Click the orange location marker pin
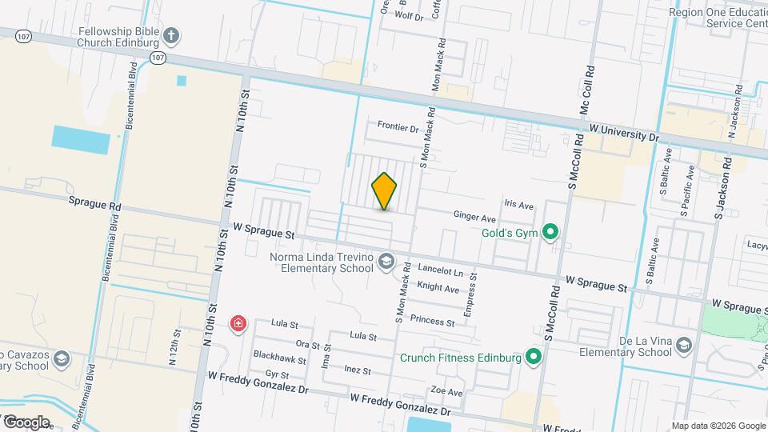385,190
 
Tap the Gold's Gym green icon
550,233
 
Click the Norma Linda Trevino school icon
386,262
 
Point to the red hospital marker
238,324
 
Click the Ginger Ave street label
475,217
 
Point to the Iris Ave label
518,205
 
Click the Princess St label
432,322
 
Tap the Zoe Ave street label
446,393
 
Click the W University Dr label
624,133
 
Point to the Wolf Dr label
408,15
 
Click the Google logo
26,422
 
